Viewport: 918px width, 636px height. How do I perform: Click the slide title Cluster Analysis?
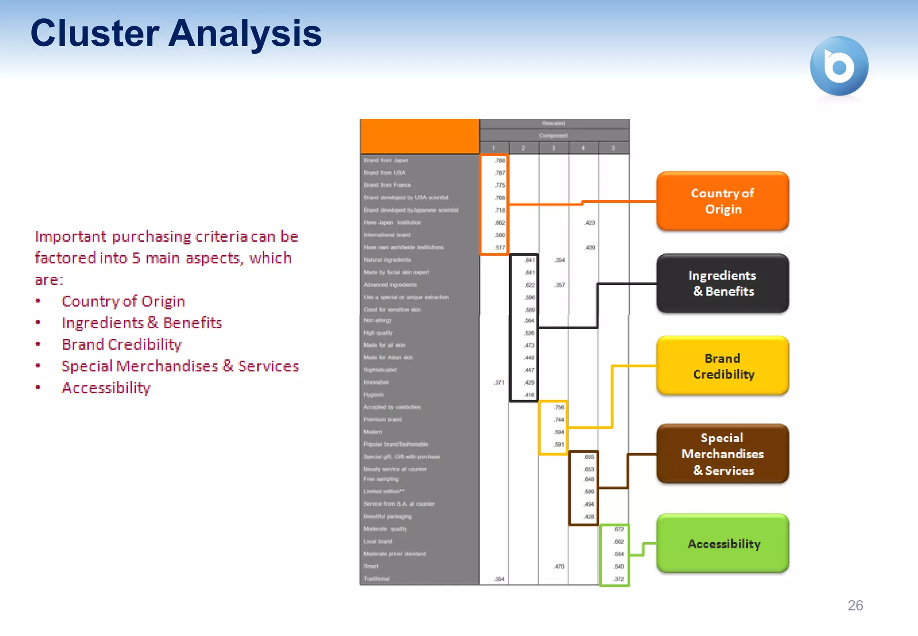point(176,33)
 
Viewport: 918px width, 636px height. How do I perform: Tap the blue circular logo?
point(839,66)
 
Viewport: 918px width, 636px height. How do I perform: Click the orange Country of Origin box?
point(722,201)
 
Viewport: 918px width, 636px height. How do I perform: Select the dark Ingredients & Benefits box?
point(722,283)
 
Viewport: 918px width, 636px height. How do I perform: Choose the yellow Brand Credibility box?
point(722,366)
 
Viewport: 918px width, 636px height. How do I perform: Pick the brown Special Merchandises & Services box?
point(722,453)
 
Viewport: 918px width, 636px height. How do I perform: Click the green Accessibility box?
point(722,543)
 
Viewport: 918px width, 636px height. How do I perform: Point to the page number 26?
point(855,606)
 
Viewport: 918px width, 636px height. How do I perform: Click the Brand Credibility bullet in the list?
point(121,344)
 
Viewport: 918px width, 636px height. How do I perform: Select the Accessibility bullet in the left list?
point(106,388)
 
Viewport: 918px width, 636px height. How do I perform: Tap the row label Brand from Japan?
point(386,160)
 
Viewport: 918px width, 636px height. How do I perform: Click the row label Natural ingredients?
point(387,260)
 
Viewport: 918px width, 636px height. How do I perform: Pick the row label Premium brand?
point(382,419)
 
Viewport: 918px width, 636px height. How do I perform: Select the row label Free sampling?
point(381,479)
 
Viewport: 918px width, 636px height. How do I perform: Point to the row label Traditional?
point(377,579)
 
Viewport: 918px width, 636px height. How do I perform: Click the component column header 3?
point(553,148)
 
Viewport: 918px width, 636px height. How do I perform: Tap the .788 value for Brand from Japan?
point(500,161)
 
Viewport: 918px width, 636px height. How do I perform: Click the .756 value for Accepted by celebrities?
point(559,407)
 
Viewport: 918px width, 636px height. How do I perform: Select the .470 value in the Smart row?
point(559,566)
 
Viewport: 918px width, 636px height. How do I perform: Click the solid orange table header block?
point(420,136)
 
